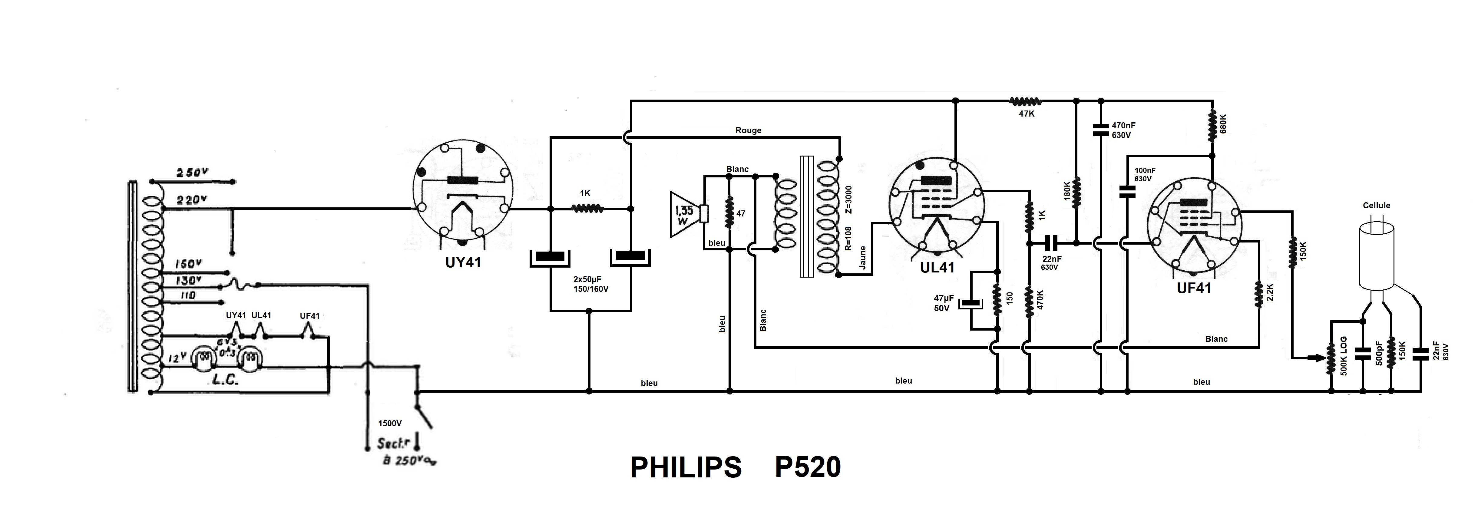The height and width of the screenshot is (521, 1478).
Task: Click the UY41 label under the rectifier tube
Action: [463, 262]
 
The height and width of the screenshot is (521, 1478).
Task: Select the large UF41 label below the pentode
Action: [1194, 288]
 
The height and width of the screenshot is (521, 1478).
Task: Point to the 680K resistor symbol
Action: [1212, 126]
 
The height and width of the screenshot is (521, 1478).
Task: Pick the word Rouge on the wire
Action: [748, 130]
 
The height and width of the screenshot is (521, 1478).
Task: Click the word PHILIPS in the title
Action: [686, 468]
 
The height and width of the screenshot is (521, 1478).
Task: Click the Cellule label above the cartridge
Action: [1377, 206]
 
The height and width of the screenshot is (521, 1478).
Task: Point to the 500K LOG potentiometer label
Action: [1344, 356]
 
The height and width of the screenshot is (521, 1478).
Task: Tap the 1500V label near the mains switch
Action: [390, 424]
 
